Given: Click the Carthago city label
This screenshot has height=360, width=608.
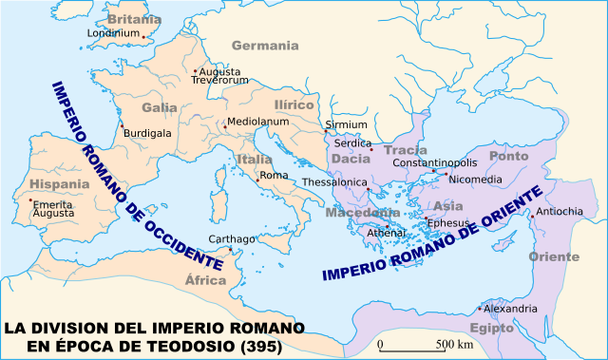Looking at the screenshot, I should point(233,239).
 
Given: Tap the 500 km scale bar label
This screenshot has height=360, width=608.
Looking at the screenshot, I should point(454,343).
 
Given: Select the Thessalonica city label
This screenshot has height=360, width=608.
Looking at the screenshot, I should point(334,181).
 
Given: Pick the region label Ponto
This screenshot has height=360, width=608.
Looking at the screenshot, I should point(508,156).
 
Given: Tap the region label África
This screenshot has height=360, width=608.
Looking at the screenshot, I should point(205,280).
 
